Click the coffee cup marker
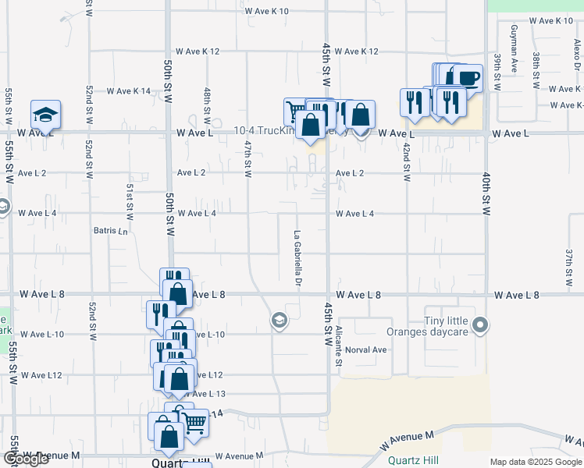469,79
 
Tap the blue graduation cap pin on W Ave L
46,115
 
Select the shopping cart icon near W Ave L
296,112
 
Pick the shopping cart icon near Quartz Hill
195,423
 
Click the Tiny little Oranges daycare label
446,326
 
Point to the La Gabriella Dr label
297,258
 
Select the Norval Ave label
366,349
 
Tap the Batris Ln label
109,231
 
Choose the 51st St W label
130,199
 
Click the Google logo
25,459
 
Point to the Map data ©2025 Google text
536,462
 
